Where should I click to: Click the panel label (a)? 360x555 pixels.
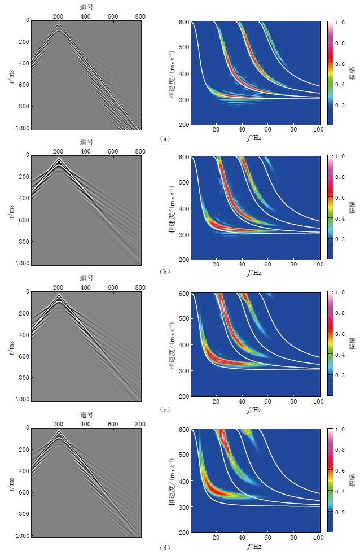pyautogui.click(x=163, y=138)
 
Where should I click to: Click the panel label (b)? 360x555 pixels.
pyautogui.click(x=163, y=272)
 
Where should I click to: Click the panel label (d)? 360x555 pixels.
pyautogui.click(x=163, y=547)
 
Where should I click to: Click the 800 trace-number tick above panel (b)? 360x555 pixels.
pyautogui.click(x=141, y=151)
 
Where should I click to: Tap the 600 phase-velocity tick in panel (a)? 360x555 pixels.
pyautogui.click(x=183, y=22)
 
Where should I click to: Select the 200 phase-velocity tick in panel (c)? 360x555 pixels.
pyautogui.click(x=183, y=396)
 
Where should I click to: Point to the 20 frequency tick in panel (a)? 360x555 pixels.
pyautogui.click(x=216, y=130)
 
